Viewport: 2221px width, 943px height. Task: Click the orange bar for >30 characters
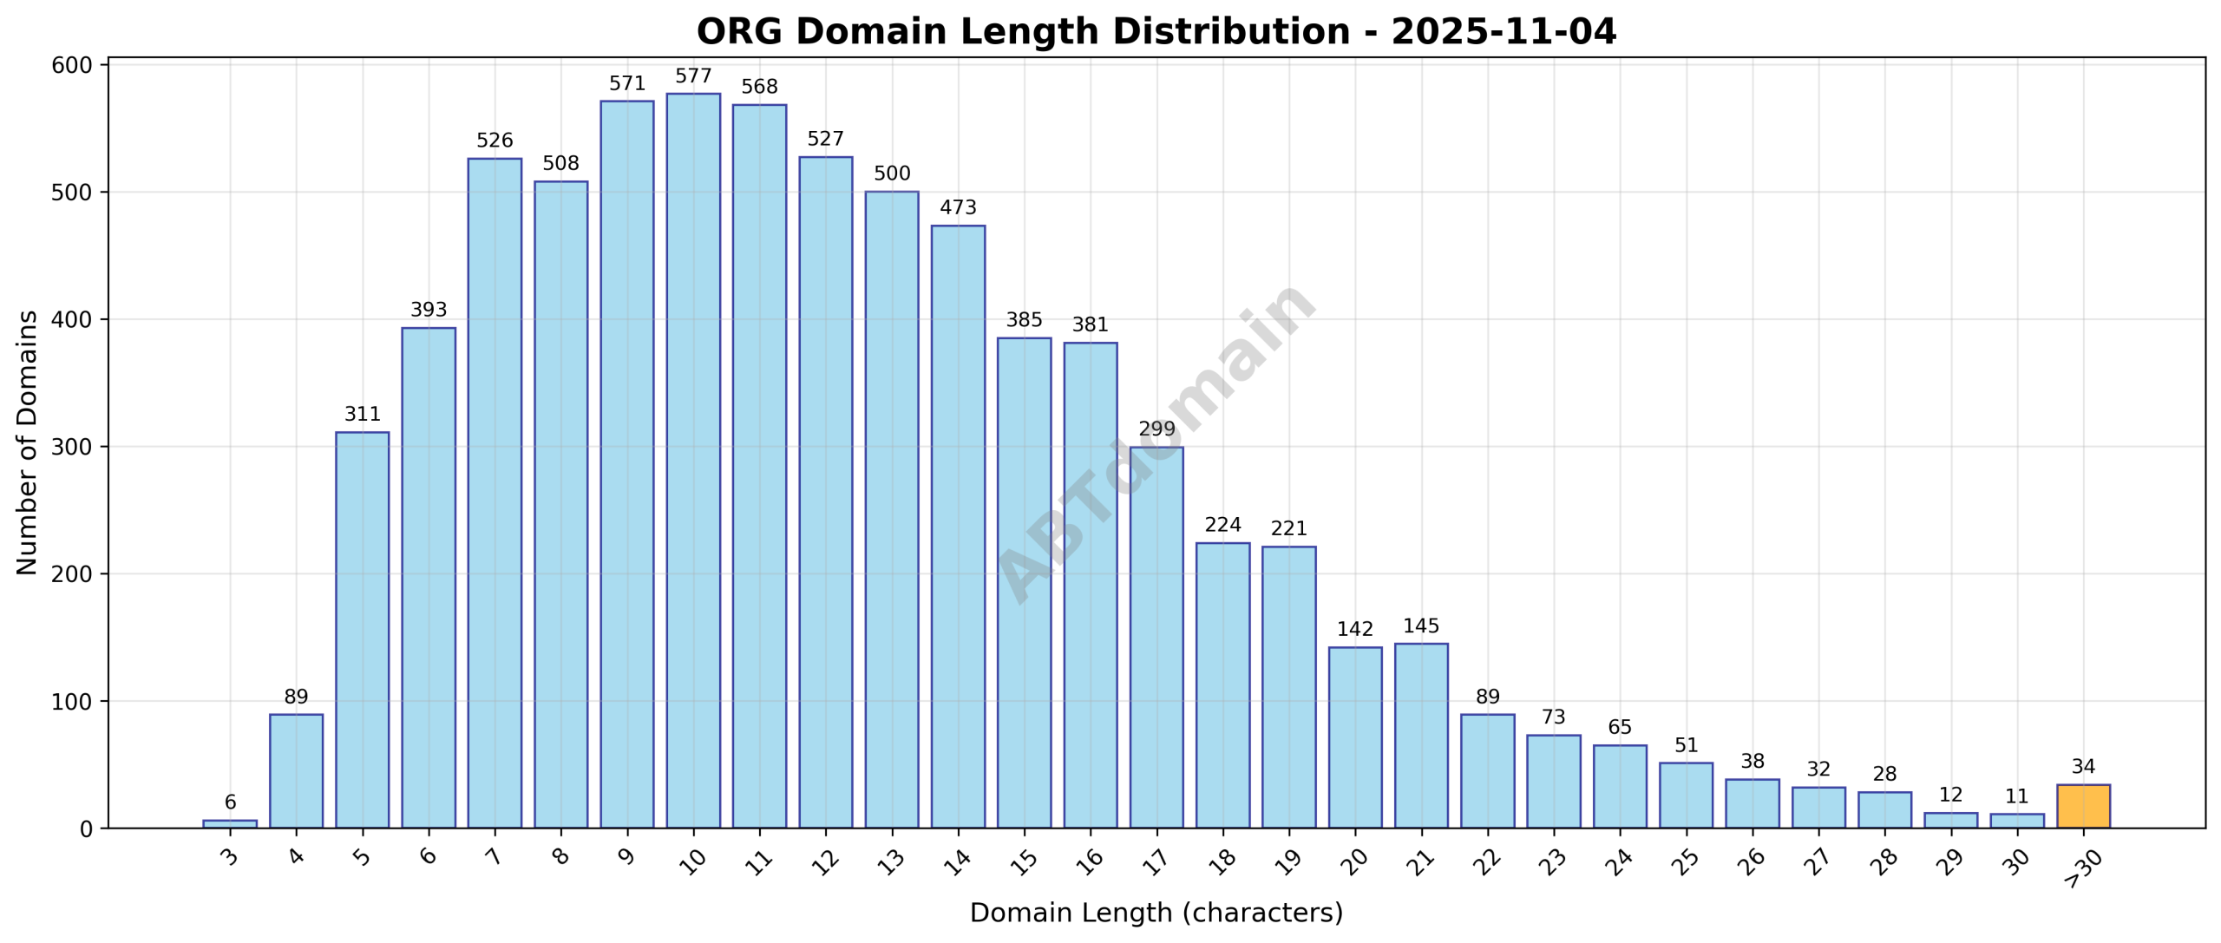click(x=2083, y=806)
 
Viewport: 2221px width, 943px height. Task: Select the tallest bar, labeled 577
click(x=693, y=460)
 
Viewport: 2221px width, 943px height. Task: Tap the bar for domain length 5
click(x=362, y=630)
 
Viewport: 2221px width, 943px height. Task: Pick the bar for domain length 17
click(x=1156, y=638)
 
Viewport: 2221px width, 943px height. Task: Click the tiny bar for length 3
click(x=230, y=823)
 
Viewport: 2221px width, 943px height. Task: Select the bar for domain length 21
click(x=1421, y=736)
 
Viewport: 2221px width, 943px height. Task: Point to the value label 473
click(x=958, y=208)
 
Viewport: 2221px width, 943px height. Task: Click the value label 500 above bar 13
click(x=892, y=174)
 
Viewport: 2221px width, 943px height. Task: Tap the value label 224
click(x=1222, y=525)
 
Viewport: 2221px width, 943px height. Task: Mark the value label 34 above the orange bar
click(x=2083, y=767)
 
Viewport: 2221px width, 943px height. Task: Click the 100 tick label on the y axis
click(x=71, y=702)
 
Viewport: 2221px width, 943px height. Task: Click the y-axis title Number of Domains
click(x=28, y=442)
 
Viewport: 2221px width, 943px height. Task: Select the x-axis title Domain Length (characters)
click(x=1156, y=914)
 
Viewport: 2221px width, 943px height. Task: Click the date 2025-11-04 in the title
click(x=1504, y=32)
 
